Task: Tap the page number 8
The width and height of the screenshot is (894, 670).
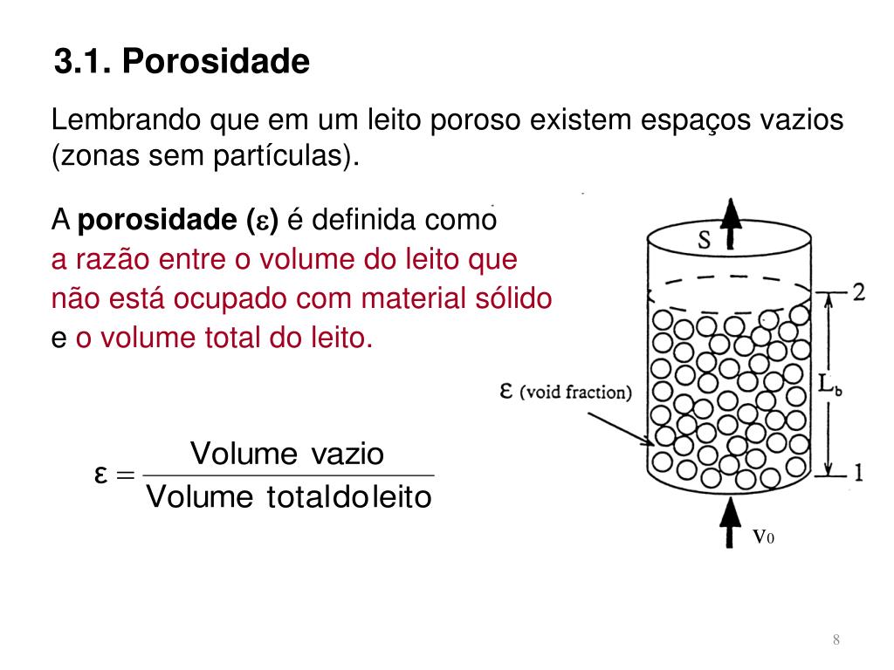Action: coord(836,641)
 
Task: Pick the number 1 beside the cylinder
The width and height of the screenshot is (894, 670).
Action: coord(857,474)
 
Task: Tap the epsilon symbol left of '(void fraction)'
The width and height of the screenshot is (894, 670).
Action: coord(506,390)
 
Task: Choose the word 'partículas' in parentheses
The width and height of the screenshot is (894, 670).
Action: coord(280,158)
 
